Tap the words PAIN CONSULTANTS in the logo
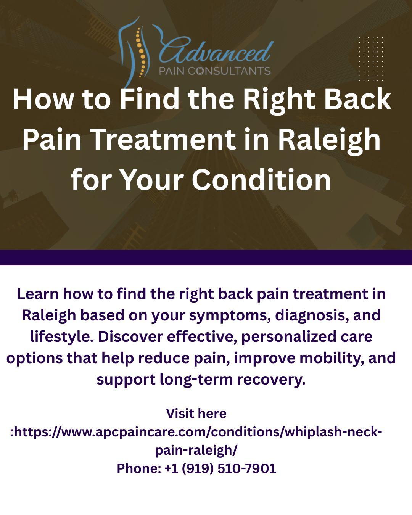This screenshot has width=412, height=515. click(x=215, y=71)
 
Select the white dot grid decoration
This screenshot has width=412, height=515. click(x=370, y=59)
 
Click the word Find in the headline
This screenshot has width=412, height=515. click(x=150, y=99)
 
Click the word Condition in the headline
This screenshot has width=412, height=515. click(x=261, y=179)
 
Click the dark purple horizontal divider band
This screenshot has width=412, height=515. click(x=206, y=257)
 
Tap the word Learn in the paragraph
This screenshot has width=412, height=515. click(x=38, y=294)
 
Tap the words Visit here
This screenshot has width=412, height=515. click(x=196, y=413)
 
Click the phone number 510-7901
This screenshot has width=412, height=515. click(x=246, y=468)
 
